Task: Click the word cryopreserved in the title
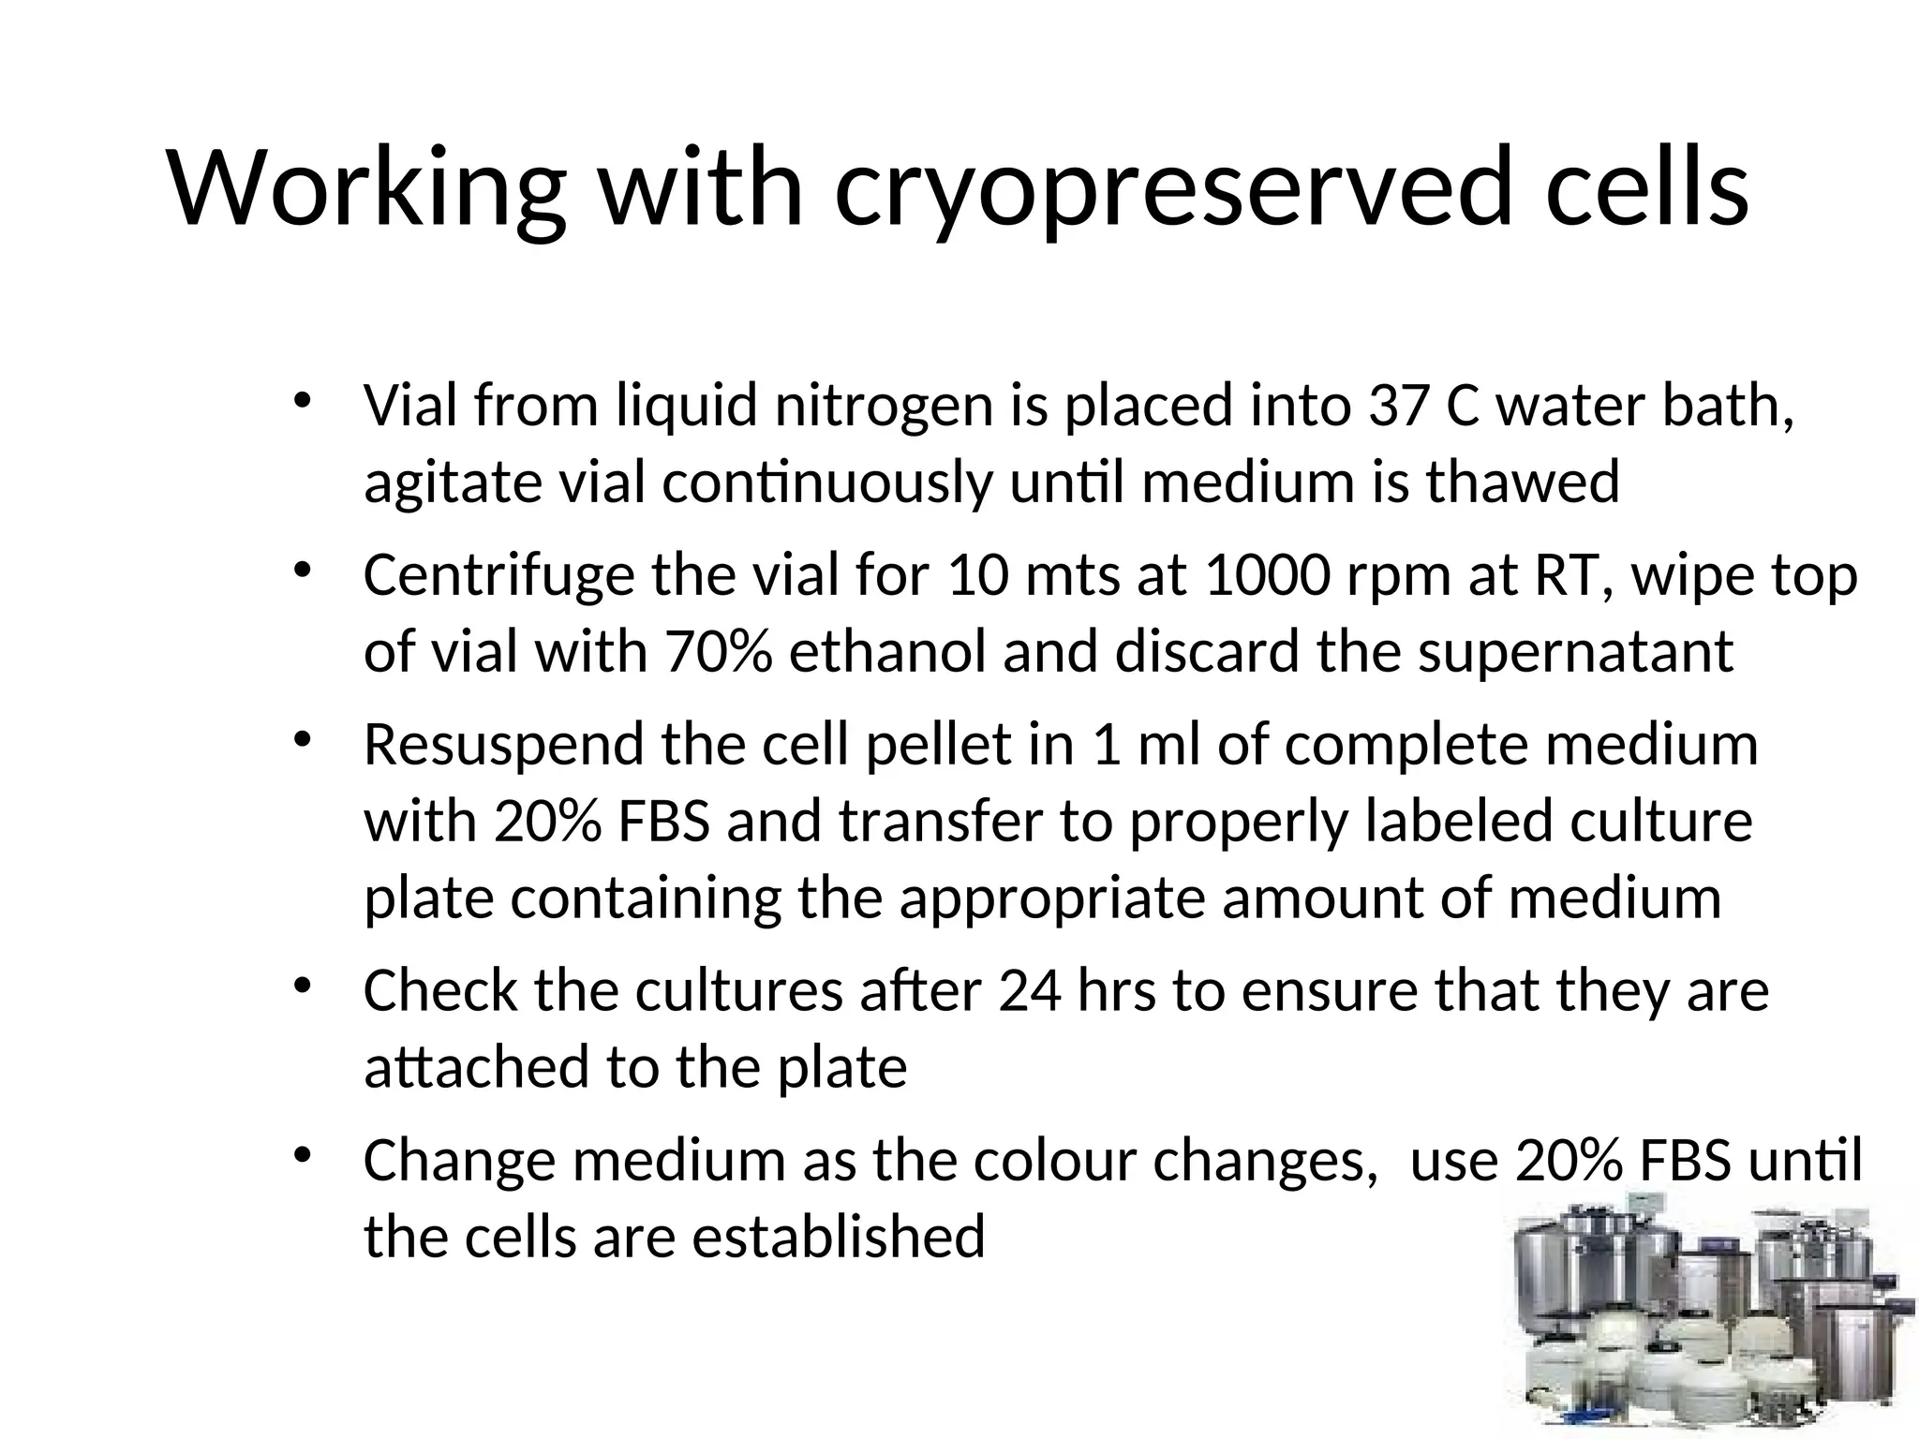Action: [x=1173, y=187]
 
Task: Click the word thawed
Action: [x=1523, y=483]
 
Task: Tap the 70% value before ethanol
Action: [x=719, y=653]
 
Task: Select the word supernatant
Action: [x=1575, y=653]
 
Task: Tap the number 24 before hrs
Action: [x=1030, y=992]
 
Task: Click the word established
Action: [x=839, y=1238]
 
